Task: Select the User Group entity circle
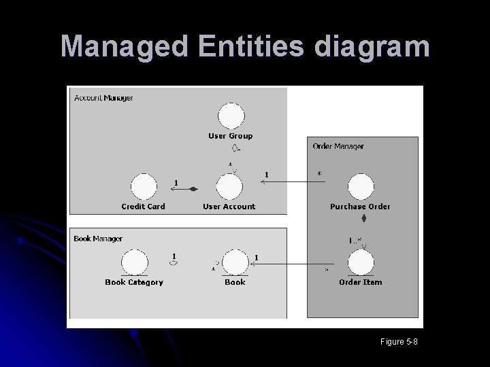click(x=231, y=115)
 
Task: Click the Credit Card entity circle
click(x=143, y=186)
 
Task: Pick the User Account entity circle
click(x=229, y=186)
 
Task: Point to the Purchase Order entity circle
click(x=361, y=186)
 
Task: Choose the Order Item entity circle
click(x=361, y=262)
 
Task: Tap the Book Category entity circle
click(x=135, y=262)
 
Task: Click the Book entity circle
click(x=235, y=262)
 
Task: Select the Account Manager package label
click(x=103, y=98)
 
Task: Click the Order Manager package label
click(x=338, y=146)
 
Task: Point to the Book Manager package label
click(x=98, y=239)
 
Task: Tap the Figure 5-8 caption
click(x=399, y=341)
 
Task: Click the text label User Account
click(x=229, y=207)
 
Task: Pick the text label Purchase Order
click(x=360, y=207)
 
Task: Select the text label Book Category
click(x=134, y=282)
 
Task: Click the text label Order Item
click(x=361, y=282)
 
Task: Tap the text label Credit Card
click(x=143, y=207)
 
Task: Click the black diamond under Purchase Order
click(x=364, y=219)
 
